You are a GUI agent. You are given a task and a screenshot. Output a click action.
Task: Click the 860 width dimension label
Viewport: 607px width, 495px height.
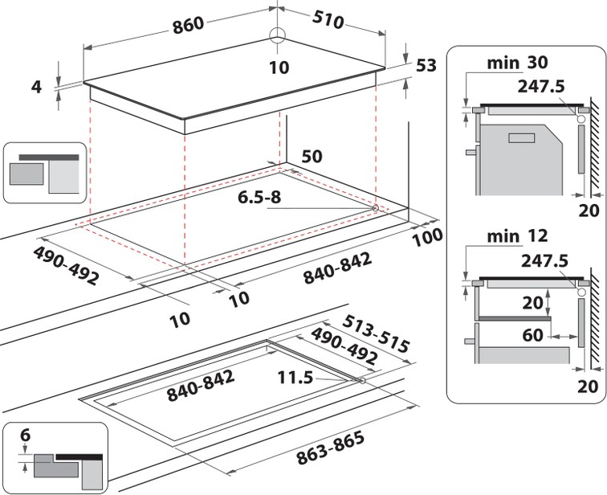(x=188, y=25)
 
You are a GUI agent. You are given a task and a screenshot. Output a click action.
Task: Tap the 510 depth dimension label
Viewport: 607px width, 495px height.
(x=328, y=19)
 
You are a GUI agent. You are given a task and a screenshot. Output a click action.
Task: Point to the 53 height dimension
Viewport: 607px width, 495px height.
(x=426, y=65)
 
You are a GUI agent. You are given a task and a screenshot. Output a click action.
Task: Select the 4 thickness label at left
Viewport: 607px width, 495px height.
(x=36, y=87)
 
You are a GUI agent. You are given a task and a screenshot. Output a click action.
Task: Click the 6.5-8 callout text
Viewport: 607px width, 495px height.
(x=259, y=197)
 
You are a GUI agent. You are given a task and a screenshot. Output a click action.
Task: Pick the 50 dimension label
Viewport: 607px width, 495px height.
(x=312, y=156)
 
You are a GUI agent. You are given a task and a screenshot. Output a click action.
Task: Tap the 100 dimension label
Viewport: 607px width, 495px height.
(x=427, y=237)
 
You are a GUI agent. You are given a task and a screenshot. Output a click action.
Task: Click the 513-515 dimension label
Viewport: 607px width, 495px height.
(x=376, y=333)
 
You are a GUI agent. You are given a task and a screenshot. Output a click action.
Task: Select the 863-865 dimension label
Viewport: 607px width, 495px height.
(x=330, y=448)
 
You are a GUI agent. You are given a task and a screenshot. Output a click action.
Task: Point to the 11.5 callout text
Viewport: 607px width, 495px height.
(x=295, y=377)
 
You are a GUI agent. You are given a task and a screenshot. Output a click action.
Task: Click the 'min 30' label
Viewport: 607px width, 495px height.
(x=518, y=63)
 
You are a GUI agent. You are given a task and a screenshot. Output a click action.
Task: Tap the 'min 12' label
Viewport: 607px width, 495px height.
(x=518, y=235)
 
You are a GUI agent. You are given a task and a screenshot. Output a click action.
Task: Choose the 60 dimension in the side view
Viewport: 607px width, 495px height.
(x=532, y=335)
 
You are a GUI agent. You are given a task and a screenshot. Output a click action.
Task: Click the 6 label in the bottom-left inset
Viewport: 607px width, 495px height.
(x=25, y=435)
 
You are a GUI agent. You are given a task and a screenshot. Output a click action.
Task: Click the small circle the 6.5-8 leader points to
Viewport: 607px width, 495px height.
(x=375, y=208)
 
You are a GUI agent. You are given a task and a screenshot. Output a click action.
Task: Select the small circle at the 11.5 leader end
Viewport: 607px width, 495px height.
(x=362, y=381)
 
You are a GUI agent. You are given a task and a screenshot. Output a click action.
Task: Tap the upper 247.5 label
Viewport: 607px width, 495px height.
(x=541, y=86)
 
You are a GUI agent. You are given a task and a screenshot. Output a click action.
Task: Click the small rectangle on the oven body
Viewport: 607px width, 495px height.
(x=521, y=138)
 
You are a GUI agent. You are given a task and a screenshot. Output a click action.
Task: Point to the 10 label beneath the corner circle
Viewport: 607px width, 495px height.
(x=279, y=67)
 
